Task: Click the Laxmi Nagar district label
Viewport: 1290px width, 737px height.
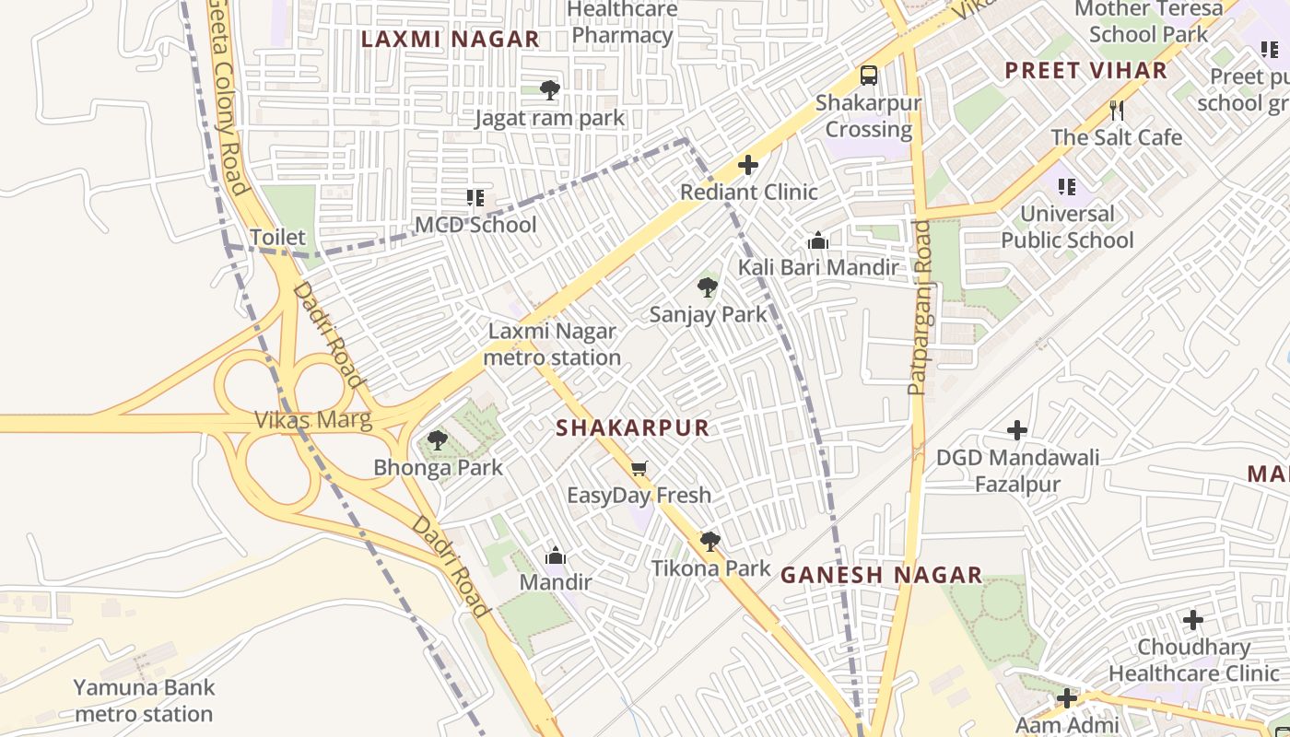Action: pos(450,39)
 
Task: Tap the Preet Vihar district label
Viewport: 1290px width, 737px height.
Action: pos(1085,70)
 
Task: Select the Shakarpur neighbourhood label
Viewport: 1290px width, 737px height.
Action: pos(633,427)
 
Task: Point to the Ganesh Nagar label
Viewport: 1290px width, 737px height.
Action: pos(881,575)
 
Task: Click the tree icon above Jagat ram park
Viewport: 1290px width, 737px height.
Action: pos(550,90)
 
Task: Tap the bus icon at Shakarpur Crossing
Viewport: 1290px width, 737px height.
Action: pos(868,76)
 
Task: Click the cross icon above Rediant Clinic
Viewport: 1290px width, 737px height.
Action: pos(748,165)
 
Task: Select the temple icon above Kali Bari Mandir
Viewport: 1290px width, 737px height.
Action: pos(817,241)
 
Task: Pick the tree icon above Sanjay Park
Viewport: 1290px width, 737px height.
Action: pos(708,287)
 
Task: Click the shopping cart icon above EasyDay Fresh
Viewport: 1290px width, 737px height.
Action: pos(639,469)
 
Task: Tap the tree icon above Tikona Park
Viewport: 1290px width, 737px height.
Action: pos(709,541)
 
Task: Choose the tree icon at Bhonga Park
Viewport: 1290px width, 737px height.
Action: pos(438,440)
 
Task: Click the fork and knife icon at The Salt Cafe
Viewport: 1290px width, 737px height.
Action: pos(1117,111)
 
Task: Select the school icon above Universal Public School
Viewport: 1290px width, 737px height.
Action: pos(1067,187)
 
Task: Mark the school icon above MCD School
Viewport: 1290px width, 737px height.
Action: pos(475,198)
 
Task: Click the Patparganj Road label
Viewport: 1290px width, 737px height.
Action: pos(920,308)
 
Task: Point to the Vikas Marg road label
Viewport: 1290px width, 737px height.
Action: pos(313,420)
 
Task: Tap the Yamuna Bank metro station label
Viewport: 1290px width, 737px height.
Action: pos(144,700)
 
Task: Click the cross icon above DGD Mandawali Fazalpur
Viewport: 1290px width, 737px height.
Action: pos(1017,430)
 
